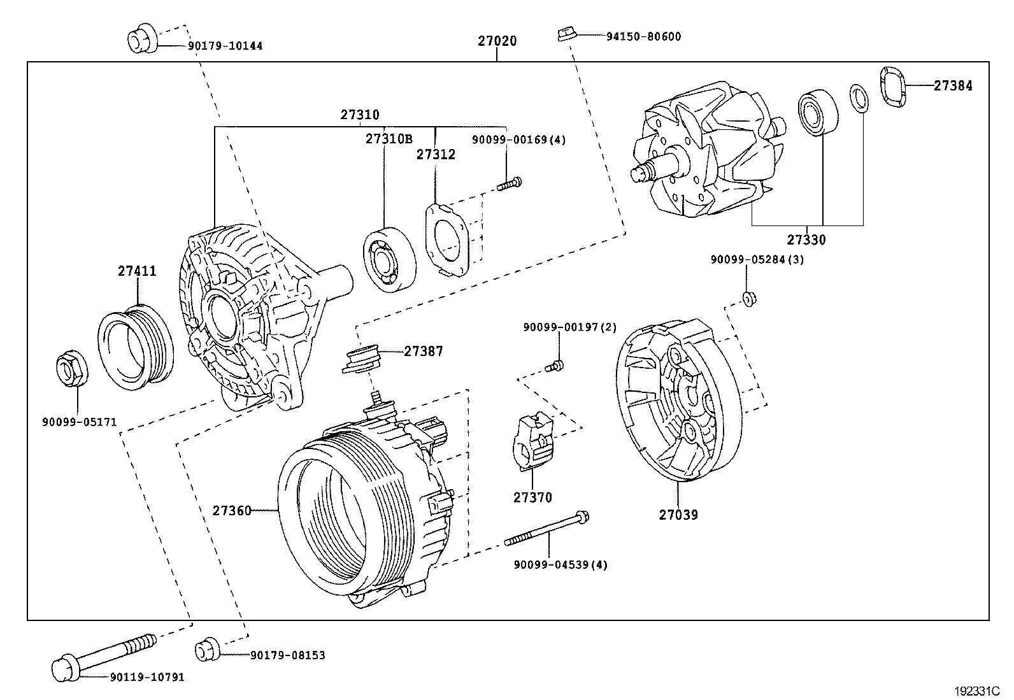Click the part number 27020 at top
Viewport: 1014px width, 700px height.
pos(497,41)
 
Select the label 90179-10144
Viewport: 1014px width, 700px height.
pos(225,46)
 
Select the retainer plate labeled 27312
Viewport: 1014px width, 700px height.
pos(448,239)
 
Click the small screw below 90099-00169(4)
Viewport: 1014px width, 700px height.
pos(510,184)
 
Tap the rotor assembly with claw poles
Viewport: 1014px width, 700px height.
pos(707,153)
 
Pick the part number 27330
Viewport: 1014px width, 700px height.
pos(806,240)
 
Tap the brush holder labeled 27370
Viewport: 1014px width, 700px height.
pos(532,442)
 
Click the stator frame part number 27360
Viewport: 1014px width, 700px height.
pos(232,511)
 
